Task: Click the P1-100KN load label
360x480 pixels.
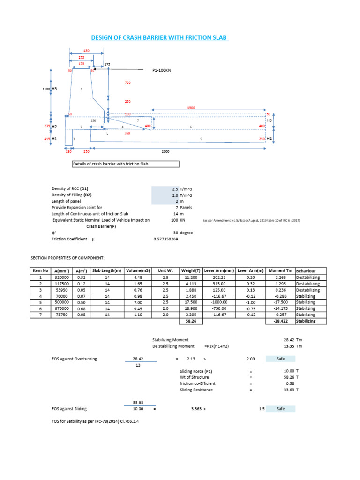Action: tap(162, 70)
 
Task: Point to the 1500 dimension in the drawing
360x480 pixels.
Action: tap(191, 108)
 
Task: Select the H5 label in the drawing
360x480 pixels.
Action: tap(269, 120)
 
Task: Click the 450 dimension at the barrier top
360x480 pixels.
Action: tap(86, 50)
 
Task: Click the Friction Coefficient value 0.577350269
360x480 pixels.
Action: tap(166, 239)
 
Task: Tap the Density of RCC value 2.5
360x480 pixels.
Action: tap(175, 189)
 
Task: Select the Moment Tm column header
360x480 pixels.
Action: tap(280, 271)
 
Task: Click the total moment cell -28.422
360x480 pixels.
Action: tap(280, 321)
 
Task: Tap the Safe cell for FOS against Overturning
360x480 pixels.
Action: tap(280, 359)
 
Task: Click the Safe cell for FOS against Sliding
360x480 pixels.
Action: tap(280, 409)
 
